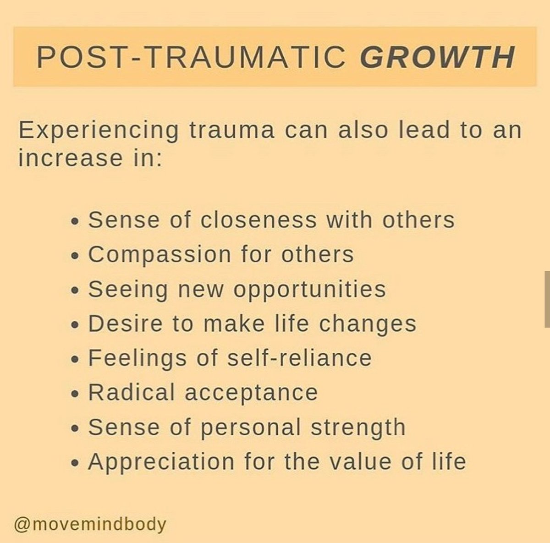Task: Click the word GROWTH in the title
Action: (437, 57)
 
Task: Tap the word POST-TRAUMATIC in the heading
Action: (191, 57)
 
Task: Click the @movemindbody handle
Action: (90, 524)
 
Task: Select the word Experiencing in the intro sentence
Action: (98, 131)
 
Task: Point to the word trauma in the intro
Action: (232, 130)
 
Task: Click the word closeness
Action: (258, 220)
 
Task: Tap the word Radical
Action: (132, 393)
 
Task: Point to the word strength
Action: (358, 428)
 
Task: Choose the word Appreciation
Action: (161, 462)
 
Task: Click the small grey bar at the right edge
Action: (547, 299)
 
